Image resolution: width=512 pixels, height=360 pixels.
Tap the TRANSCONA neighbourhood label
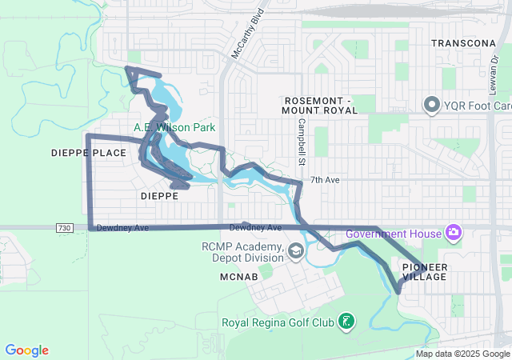465,43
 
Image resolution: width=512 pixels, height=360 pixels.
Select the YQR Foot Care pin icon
432,105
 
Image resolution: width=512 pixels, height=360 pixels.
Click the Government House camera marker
454,233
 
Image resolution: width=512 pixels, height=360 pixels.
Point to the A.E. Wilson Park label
174,127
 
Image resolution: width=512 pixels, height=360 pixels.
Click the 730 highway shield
66,229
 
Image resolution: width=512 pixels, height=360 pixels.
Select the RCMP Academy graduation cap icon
295,253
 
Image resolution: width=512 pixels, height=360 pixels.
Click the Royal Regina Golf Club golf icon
346,322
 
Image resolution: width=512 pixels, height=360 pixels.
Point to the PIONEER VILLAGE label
425,271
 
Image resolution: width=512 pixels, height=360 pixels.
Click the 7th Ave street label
326,180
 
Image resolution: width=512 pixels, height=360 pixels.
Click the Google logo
26,350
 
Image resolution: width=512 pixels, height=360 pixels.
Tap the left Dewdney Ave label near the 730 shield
122,228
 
